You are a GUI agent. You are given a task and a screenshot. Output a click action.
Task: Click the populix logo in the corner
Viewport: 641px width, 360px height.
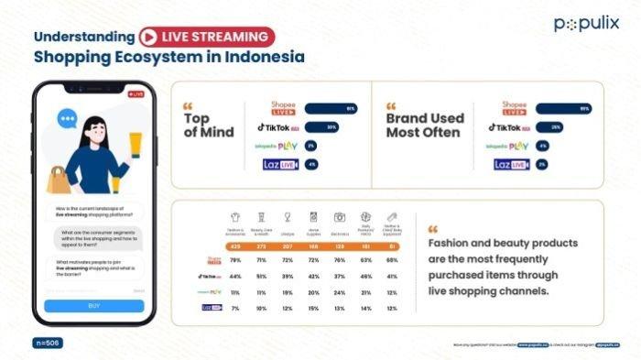point(585,24)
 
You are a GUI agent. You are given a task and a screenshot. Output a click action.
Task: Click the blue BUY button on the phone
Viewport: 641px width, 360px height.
point(92,306)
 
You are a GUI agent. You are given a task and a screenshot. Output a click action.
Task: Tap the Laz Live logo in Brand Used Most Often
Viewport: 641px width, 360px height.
point(511,165)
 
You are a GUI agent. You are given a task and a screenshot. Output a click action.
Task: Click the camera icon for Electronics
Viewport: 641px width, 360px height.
point(339,217)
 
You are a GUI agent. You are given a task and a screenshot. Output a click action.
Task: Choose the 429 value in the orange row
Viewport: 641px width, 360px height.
point(234,245)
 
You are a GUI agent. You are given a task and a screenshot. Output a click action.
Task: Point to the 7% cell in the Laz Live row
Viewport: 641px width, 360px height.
point(234,307)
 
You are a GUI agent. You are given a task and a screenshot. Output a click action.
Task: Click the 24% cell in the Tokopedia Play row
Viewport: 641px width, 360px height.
point(339,291)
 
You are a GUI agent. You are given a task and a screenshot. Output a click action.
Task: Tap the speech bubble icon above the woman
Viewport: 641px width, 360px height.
point(66,118)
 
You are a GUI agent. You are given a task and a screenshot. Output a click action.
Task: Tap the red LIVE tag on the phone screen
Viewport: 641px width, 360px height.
point(136,94)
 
